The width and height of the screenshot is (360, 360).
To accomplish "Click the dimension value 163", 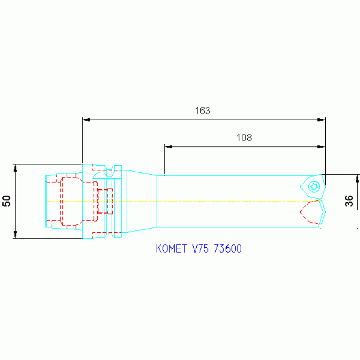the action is pyautogui.click(x=202, y=111).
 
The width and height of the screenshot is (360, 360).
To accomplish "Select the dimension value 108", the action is pyautogui.click(x=244, y=138).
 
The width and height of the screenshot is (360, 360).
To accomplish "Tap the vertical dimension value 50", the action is pyautogui.click(x=7, y=201).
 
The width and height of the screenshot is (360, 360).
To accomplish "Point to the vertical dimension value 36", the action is pyautogui.click(x=349, y=201).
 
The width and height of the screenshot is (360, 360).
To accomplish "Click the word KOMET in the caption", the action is pyautogui.click(x=171, y=249).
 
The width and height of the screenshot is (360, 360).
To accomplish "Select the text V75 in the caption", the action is pyautogui.click(x=200, y=249).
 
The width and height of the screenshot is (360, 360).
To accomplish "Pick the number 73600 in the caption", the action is pyautogui.click(x=228, y=249).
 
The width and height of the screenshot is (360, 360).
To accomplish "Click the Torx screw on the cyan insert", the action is pyautogui.click(x=314, y=186).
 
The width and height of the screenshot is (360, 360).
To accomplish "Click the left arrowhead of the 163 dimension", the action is pyautogui.click(x=86, y=120).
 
